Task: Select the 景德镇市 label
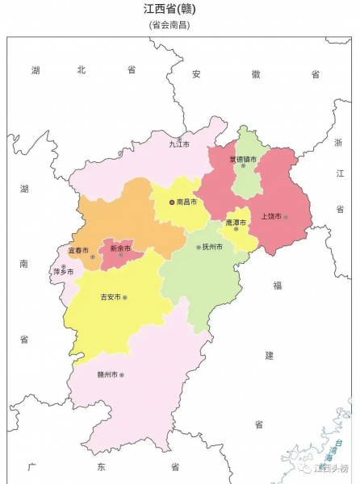click(x=242, y=159)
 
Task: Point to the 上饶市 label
click(x=270, y=216)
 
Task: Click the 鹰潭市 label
click(x=236, y=222)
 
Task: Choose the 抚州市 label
click(x=212, y=246)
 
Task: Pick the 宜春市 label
click(x=78, y=251)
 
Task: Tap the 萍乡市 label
click(x=63, y=272)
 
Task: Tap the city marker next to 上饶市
click(x=285, y=216)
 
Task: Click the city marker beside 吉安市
click(x=125, y=297)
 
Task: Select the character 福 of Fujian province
click(x=277, y=285)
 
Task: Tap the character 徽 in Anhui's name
click(x=256, y=73)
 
